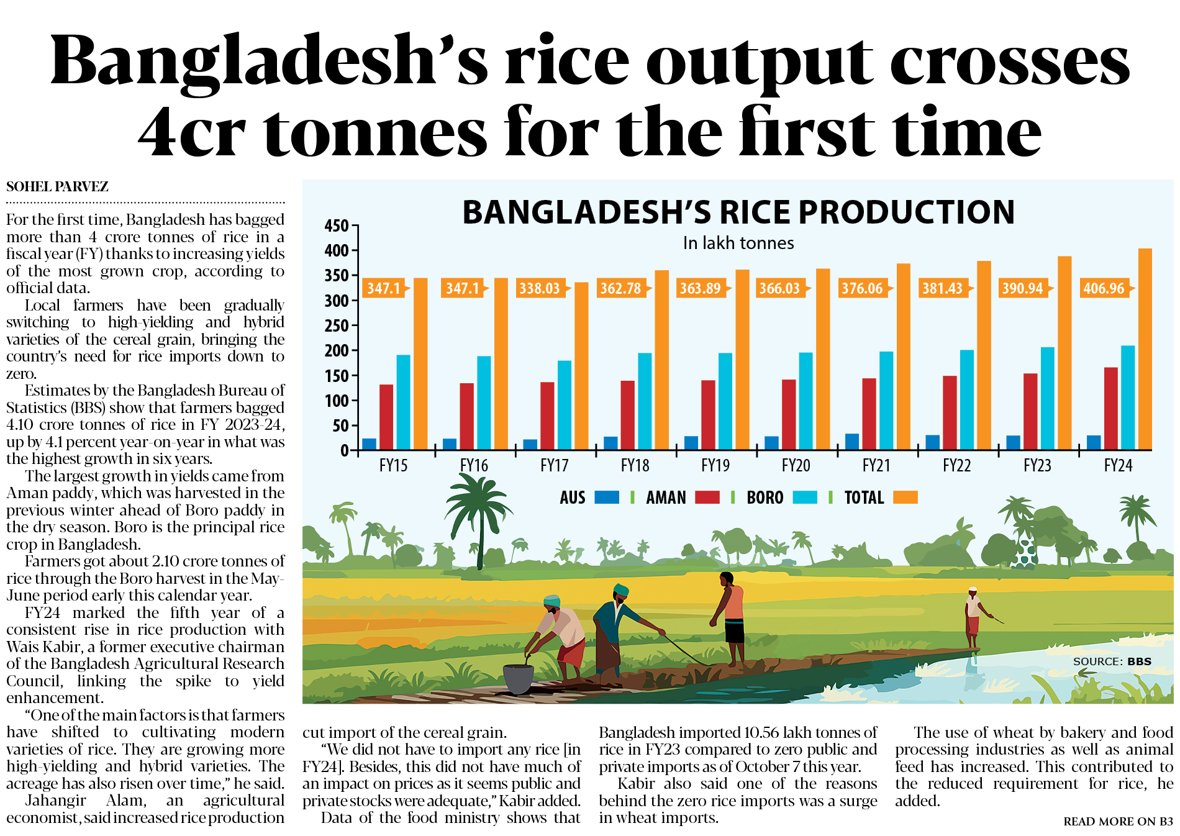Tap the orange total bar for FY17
581,366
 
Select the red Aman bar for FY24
1111,408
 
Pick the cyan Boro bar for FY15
403,402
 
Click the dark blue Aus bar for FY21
852,442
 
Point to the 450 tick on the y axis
337,225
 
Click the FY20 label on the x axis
796,465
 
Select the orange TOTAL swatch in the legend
905,498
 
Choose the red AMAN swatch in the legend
707,498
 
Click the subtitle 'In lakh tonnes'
738,243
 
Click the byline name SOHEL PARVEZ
57,186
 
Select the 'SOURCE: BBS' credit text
1112,661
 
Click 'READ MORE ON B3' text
1118,821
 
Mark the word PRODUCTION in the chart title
907,212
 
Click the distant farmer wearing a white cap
974,618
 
